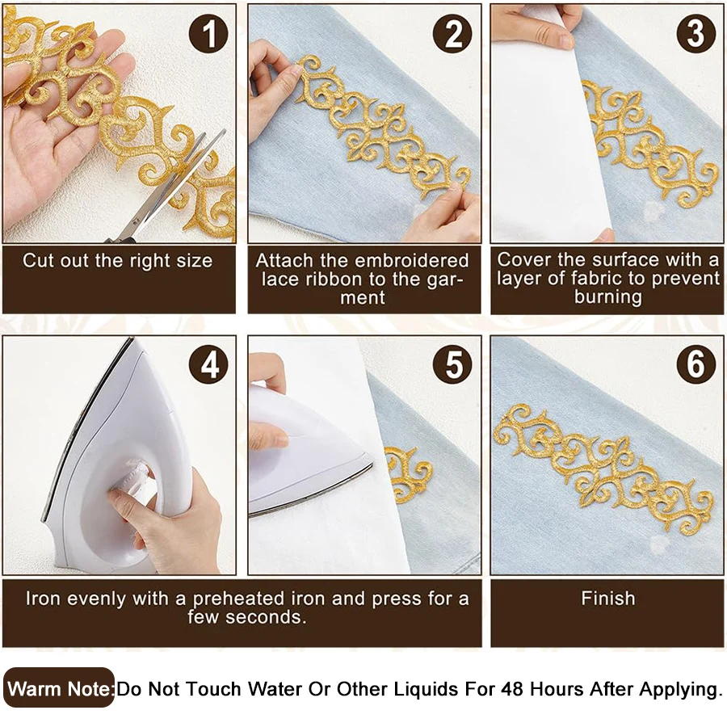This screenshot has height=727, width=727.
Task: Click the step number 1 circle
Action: click(x=209, y=34)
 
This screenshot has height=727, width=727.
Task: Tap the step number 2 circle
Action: click(x=453, y=34)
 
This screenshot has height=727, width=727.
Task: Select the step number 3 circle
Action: click(x=695, y=34)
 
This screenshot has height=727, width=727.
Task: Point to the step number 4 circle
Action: click(x=209, y=365)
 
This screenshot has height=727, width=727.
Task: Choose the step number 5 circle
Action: click(x=453, y=365)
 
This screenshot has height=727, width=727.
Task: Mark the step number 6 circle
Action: click(x=695, y=365)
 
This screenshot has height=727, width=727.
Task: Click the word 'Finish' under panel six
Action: click(x=607, y=599)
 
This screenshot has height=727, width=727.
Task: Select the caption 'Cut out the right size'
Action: click(x=118, y=261)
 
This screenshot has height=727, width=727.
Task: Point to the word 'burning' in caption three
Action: click(x=607, y=297)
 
